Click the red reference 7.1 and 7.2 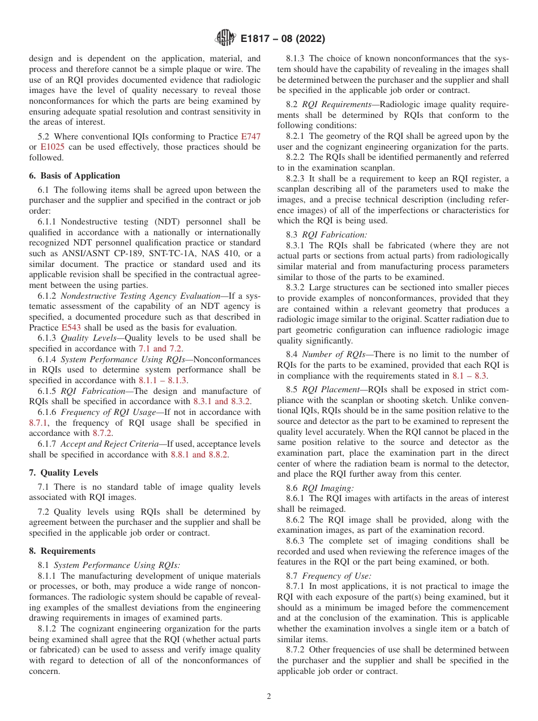coord(160,349)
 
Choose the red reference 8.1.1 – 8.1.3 coord(163,380)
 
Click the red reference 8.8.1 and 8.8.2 coord(199,455)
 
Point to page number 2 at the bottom coord(269,697)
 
